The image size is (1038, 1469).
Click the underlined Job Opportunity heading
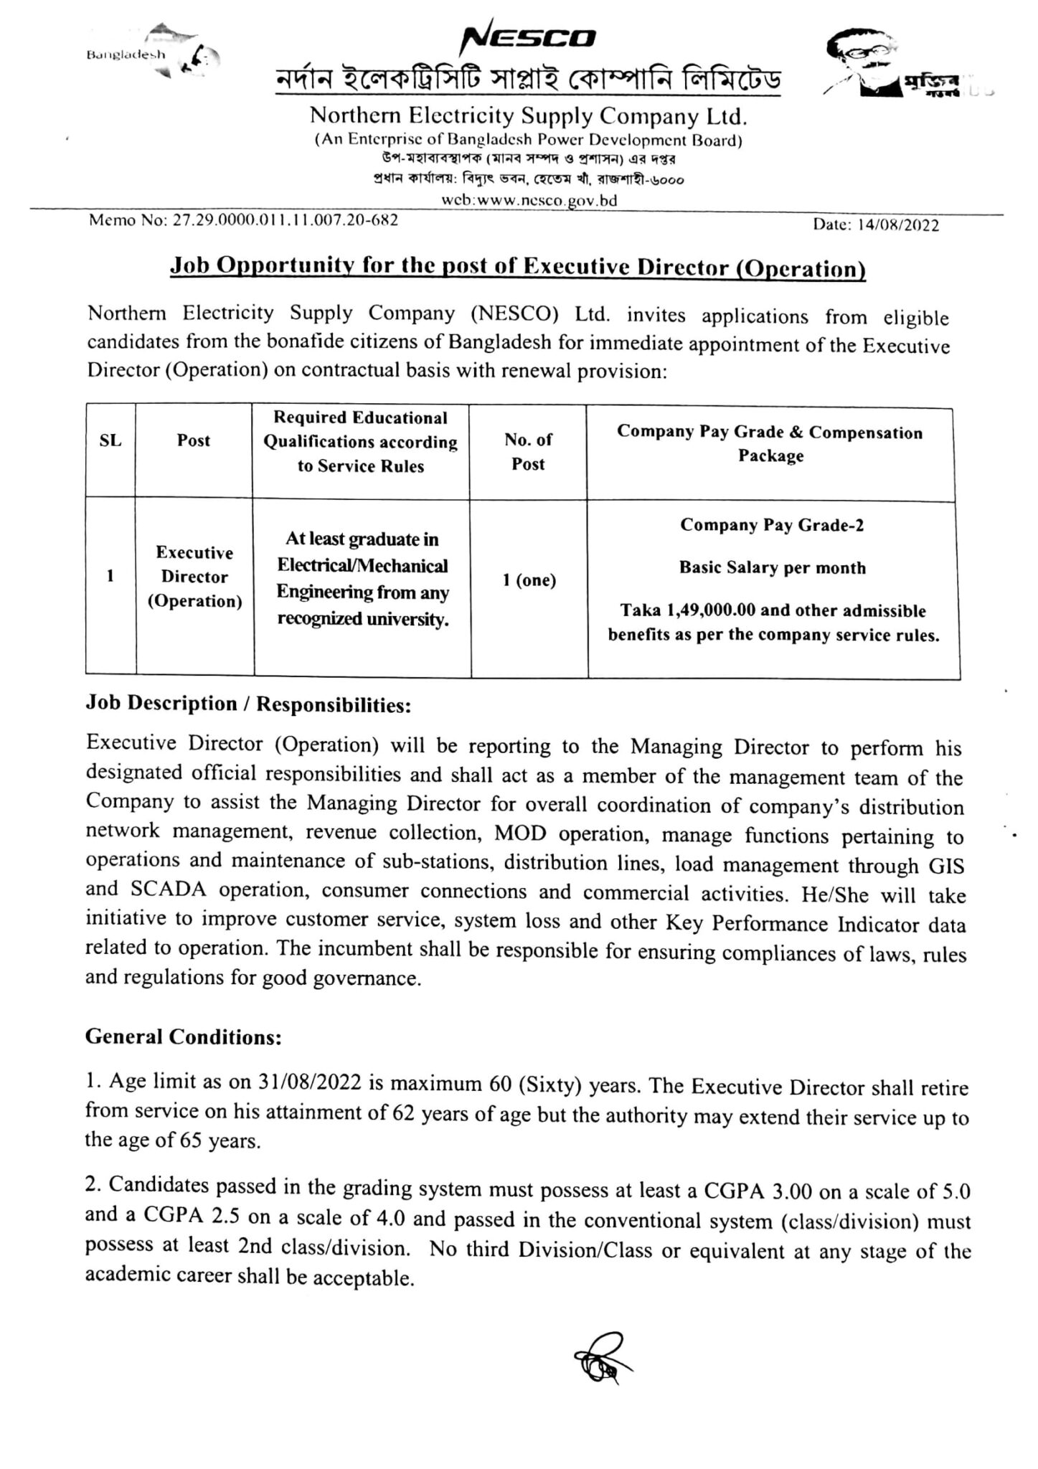(517, 267)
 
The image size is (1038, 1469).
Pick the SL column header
(110, 440)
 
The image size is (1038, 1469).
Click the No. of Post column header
(528, 452)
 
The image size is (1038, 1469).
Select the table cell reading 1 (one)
(529, 580)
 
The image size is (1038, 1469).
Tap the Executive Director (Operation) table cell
(194, 577)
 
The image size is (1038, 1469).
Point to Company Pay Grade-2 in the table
(771, 525)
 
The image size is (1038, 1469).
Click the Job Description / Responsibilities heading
(248, 704)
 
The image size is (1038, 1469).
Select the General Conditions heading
(184, 1037)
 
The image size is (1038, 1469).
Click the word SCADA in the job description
(168, 890)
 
